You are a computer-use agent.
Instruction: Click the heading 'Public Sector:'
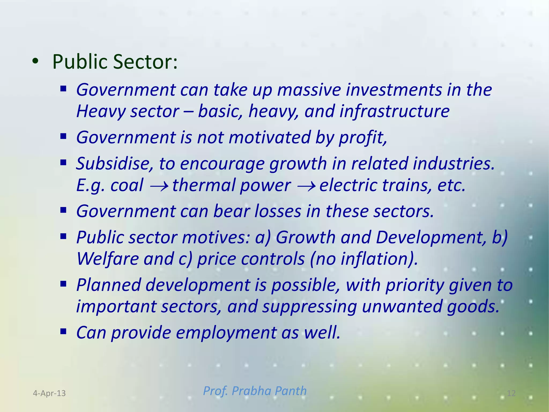click(x=115, y=62)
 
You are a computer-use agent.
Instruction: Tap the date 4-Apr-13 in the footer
click(x=49, y=393)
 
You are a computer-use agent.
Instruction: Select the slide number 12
click(x=511, y=393)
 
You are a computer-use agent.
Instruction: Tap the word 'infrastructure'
click(x=394, y=111)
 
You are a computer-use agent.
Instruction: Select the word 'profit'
click(x=362, y=137)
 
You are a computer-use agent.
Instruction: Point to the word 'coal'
click(x=127, y=185)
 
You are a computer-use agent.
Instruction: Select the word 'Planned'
click(x=109, y=285)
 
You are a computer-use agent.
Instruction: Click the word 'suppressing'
click(x=309, y=306)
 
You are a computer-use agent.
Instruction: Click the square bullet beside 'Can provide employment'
click(x=63, y=332)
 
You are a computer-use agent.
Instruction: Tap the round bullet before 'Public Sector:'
click(x=35, y=62)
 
